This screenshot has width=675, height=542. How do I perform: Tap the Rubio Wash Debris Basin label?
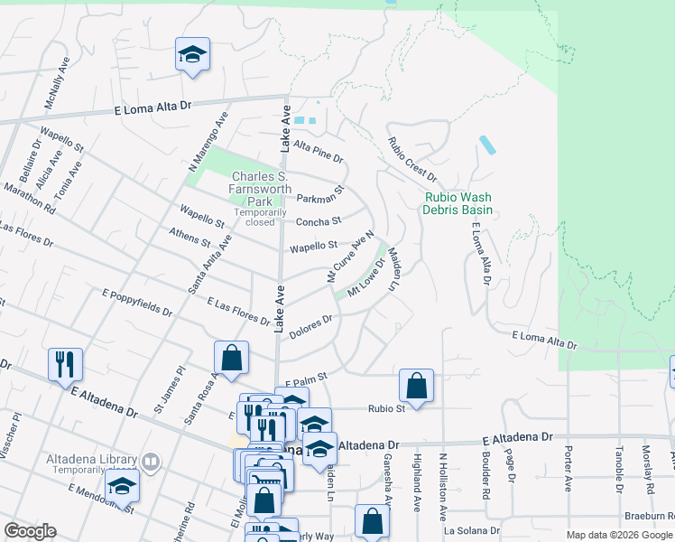[x=458, y=203]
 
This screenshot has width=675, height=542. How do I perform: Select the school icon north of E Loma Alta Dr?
[x=192, y=56]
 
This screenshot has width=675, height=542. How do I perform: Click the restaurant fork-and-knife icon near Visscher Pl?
[x=65, y=364]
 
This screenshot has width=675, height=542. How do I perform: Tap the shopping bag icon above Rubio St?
[x=416, y=386]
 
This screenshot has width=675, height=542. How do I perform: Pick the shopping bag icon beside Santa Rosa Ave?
[x=232, y=357]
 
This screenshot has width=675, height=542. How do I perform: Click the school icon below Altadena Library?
[x=122, y=486]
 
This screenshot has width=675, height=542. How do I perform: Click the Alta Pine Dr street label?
[x=319, y=151]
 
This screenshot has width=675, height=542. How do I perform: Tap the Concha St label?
[x=319, y=220]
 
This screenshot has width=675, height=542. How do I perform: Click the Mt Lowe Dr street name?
[x=367, y=278]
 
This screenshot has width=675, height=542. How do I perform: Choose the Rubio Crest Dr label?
[x=411, y=159]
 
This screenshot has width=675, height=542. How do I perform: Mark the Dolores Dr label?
[x=311, y=322]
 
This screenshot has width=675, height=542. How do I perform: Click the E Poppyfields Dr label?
[x=137, y=302]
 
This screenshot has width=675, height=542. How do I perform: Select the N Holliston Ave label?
[x=443, y=498]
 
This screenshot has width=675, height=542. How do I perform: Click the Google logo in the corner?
[x=30, y=531]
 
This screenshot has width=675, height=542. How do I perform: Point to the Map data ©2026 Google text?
[x=619, y=535]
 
